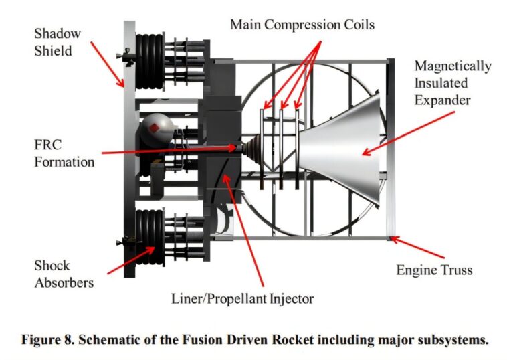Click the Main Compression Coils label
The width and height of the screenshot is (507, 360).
(x=302, y=25)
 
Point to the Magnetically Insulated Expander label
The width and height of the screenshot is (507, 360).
(x=451, y=83)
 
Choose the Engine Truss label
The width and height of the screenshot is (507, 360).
(x=434, y=270)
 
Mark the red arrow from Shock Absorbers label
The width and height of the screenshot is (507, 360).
(x=131, y=260)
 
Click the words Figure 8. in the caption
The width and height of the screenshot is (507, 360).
(x=43, y=339)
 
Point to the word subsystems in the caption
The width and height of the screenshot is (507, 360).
(x=452, y=339)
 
